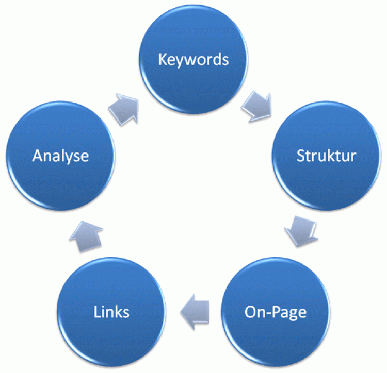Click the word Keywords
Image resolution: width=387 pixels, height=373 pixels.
pyautogui.click(x=193, y=59)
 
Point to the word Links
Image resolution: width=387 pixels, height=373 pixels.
pyautogui.click(x=111, y=312)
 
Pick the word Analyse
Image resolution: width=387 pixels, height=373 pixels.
pyautogui.click(x=60, y=156)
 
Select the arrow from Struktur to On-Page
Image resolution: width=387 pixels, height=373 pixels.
pyautogui.click(x=300, y=229)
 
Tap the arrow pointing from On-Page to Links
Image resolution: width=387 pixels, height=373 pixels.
pyautogui.click(x=194, y=311)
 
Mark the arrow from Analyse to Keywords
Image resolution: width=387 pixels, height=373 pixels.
pyautogui.click(x=124, y=108)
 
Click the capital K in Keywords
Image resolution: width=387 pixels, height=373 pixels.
pyautogui.click(x=162, y=59)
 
